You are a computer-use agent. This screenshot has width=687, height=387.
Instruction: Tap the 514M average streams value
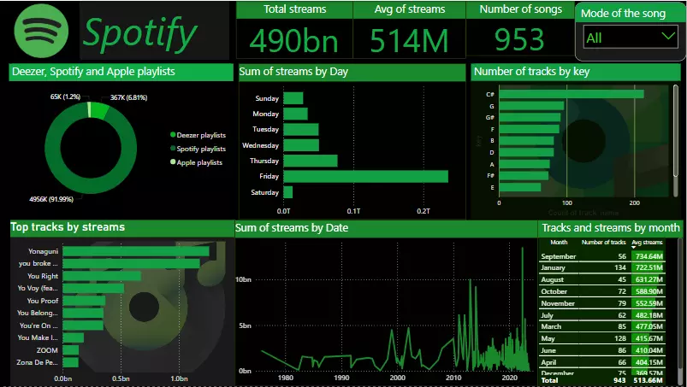(x=410, y=39)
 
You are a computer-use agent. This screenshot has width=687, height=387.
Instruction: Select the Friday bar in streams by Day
(x=365, y=176)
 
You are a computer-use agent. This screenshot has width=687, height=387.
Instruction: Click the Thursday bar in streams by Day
(x=310, y=161)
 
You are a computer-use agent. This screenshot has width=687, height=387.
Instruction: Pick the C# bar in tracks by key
(x=571, y=94)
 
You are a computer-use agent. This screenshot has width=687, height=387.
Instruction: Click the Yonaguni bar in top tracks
(x=135, y=251)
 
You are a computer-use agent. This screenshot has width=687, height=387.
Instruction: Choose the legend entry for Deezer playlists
(x=201, y=135)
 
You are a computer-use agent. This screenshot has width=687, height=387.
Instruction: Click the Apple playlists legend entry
(x=199, y=162)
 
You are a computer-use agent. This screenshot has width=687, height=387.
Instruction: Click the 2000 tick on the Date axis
(x=397, y=378)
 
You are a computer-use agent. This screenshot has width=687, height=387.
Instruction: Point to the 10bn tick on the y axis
(x=243, y=280)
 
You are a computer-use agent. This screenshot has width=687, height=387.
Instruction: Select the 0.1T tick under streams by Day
(x=353, y=210)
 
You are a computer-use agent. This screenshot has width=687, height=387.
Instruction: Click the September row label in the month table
(x=559, y=256)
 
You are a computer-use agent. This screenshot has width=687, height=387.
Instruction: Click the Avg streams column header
(x=647, y=243)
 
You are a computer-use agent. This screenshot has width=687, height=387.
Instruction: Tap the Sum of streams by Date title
(x=292, y=228)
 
